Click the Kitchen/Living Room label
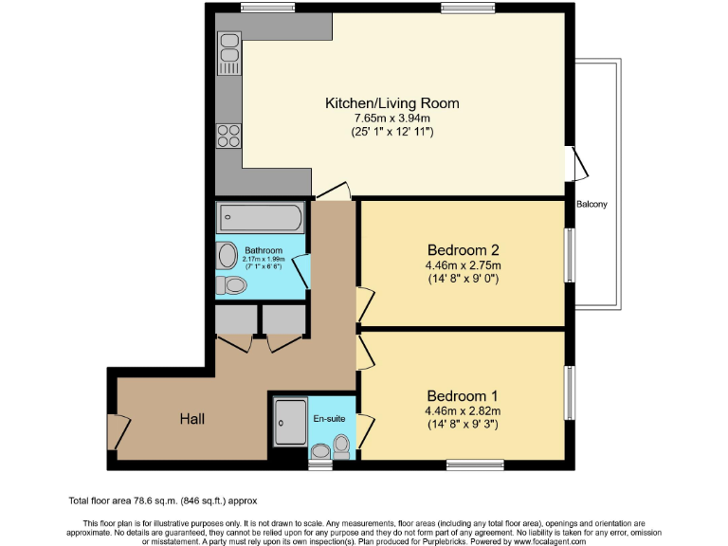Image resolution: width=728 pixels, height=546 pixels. [379, 102]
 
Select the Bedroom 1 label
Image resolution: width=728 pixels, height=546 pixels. [462, 395]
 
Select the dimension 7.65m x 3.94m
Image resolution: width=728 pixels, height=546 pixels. [379, 118]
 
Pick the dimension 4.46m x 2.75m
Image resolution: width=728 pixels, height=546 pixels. [463, 265]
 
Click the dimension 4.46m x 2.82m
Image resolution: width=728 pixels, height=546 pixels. [463, 410]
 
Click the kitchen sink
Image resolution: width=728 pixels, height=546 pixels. [228, 53]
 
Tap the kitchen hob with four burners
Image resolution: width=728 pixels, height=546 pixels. [228, 135]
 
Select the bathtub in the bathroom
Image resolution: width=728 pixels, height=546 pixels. [261, 219]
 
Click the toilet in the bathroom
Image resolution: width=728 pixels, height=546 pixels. [230, 284]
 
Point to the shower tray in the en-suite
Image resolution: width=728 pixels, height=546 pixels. [291, 421]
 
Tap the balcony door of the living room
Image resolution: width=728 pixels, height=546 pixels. [576, 163]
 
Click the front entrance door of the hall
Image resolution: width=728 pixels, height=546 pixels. [118, 432]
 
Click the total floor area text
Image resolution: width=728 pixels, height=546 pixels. [162, 500]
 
